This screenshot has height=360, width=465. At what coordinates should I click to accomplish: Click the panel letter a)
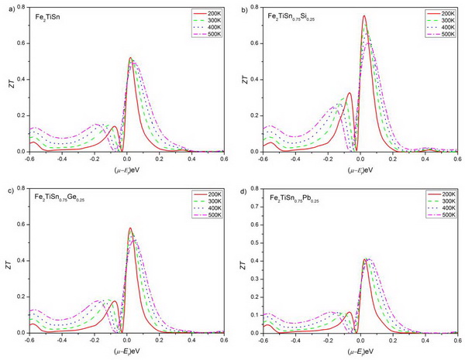coord(6,8)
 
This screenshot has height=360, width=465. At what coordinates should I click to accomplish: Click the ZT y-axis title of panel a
coord(9,80)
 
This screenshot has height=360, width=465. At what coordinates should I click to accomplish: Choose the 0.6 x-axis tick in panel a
coord(222,159)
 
